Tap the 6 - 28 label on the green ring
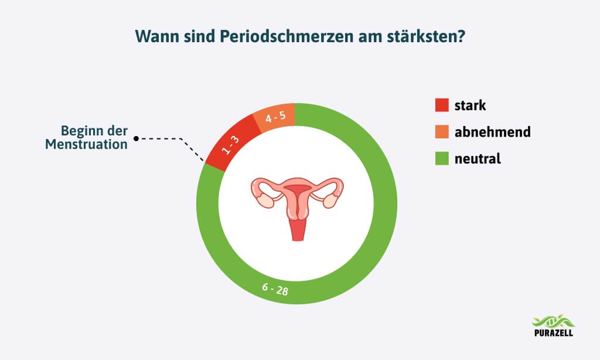pos(275,289)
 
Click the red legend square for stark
pos(442,105)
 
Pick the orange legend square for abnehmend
pos(442,132)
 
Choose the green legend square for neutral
pos(442,158)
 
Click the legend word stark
pos(471,106)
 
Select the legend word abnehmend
pos(493,132)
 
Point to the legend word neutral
pos(478,158)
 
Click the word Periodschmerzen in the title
pos(286,37)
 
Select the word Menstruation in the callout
pos(87,144)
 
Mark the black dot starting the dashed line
pos(136,138)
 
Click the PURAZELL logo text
pos(554,332)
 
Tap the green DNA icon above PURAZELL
pos(554,321)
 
